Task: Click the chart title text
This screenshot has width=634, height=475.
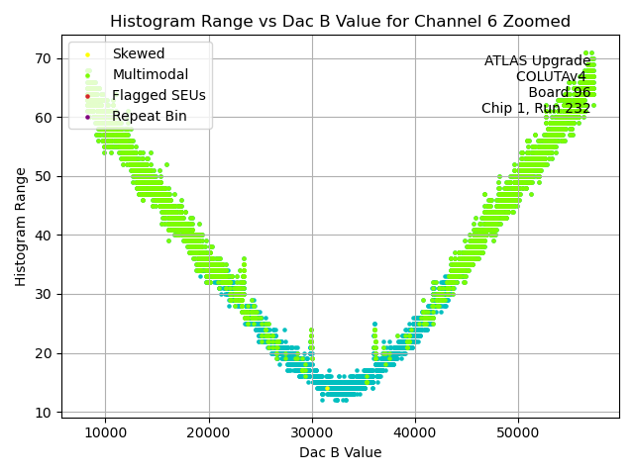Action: click(340, 21)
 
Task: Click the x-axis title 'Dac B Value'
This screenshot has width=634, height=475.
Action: click(340, 453)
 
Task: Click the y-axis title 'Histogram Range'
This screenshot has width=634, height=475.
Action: click(21, 227)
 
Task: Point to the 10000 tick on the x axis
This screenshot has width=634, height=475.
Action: click(105, 431)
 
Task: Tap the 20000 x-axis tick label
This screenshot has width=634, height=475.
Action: click(208, 431)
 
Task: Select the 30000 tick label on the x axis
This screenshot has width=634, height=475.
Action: click(311, 431)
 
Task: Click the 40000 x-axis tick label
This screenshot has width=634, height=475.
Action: click(414, 431)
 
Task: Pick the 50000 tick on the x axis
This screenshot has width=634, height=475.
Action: click(517, 431)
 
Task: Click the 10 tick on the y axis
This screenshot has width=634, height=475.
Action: click(46, 412)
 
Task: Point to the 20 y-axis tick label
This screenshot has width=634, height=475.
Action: click(46, 353)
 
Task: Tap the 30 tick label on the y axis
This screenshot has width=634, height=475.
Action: click(46, 294)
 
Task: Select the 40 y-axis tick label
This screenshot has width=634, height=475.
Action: click(46, 236)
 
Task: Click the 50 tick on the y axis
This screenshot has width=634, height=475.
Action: click(46, 176)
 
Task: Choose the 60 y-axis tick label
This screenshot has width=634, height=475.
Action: click(46, 118)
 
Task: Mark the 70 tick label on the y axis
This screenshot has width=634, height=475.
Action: click(46, 58)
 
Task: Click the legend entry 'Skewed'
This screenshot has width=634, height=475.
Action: click(139, 54)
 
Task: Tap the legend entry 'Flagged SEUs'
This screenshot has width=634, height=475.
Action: click(158, 96)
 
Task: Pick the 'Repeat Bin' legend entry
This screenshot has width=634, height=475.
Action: click(150, 117)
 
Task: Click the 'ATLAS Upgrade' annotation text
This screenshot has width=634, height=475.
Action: click(537, 61)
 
